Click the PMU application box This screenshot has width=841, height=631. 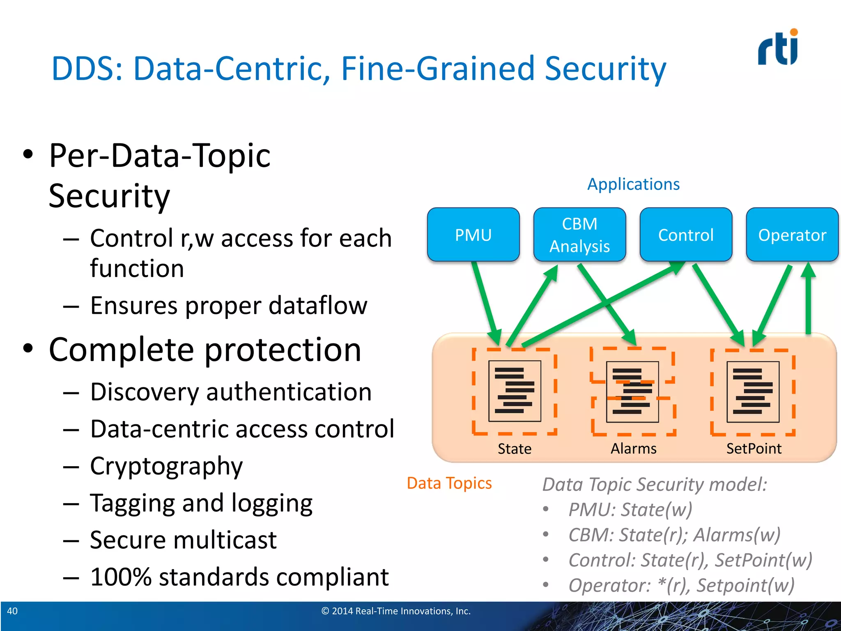(x=473, y=235)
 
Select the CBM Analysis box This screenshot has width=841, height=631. (x=579, y=235)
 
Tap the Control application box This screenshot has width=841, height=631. (x=686, y=235)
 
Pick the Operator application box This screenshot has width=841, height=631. (x=792, y=235)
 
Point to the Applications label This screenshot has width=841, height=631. (x=633, y=184)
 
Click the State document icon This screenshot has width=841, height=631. (x=515, y=391)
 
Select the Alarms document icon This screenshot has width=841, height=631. (x=632, y=391)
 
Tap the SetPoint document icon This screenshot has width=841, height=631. (x=753, y=391)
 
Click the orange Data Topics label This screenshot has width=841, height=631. (x=449, y=483)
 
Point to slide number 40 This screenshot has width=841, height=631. (x=12, y=611)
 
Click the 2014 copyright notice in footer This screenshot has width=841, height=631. (x=396, y=611)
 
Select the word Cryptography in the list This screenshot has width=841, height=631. (x=166, y=466)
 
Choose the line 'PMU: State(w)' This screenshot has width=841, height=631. (x=630, y=509)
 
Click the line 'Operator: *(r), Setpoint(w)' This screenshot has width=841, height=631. (x=681, y=585)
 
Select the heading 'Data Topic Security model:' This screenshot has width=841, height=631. (x=655, y=484)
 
